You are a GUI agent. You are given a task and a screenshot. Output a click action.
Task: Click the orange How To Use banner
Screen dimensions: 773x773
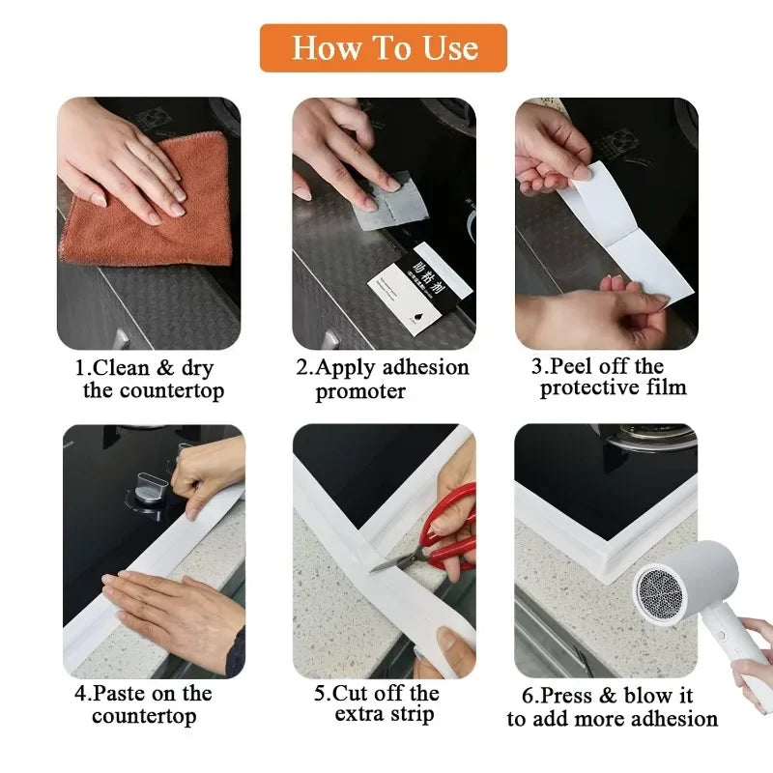click(384, 47)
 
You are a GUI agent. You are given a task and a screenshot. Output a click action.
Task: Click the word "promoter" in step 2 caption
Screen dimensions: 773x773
click(360, 391)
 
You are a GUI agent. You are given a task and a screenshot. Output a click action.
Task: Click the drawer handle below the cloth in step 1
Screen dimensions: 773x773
click(120, 340)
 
